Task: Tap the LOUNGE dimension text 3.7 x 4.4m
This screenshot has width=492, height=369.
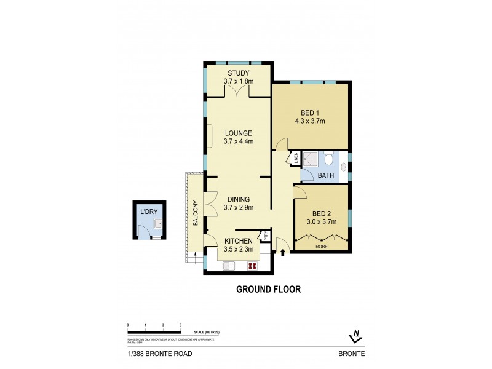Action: (x=238, y=141)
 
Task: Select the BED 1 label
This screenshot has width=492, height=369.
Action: (x=310, y=113)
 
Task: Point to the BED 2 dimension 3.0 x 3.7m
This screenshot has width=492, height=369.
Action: (x=322, y=222)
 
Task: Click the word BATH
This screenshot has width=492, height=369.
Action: (x=325, y=176)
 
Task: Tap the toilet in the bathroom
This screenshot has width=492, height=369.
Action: (x=330, y=160)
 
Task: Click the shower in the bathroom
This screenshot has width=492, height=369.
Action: (x=312, y=159)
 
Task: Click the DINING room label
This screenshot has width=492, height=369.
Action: (x=238, y=199)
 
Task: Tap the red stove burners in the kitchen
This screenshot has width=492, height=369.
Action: (x=252, y=266)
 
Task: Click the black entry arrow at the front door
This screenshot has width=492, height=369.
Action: (x=283, y=252)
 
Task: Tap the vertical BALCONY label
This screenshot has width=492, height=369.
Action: (x=195, y=213)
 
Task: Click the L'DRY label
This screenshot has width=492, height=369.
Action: (x=149, y=212)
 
